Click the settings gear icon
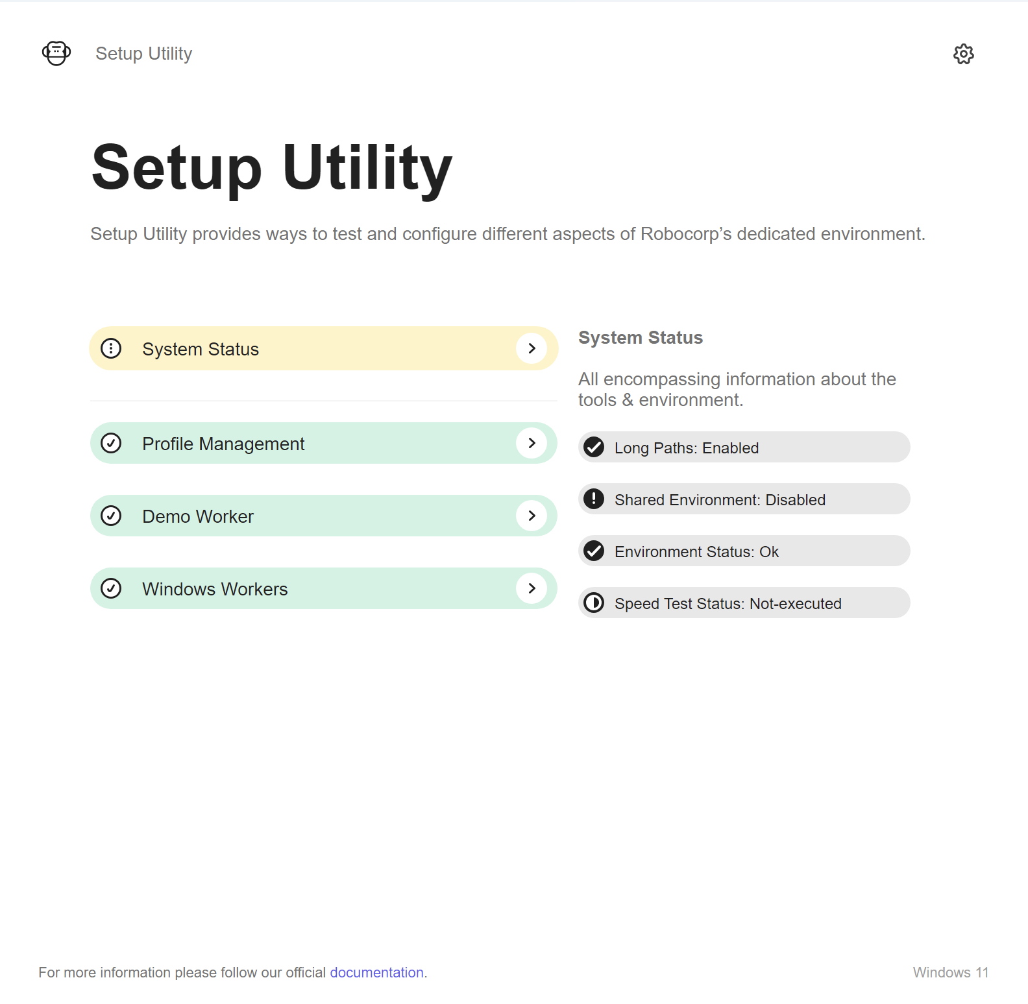pyautogui.click(x=964, y=54)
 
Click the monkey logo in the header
pyautogui.click(x=56, y=53)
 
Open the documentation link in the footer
pyautogui.click(x=376, y=972)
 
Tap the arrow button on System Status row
pyautogui.click(x=532, y=348)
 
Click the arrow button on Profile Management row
pyautogui.click(x=532, y=443)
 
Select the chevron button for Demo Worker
pyautogui.click(x=532, y=516)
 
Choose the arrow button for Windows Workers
pyautogui.click(x=532, y=588)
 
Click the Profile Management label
pyautogui.click(x=223, y=444)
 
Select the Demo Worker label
pyautogui.click(x=198, y=516)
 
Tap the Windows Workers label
pyautogui.click(x=215, y=589)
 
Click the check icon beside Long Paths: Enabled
pyautogui.click(x=594, y=447)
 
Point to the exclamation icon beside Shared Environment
pyautogui.click(x=594, y=499)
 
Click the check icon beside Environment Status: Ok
pyautogui.click(x=594, y=551)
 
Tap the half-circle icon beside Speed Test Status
pyautogui.click(x=594, y=603)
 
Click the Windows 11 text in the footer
pyautogui.click(x=951, y=972)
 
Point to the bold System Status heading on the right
pyautogui.click(x=641, y=338)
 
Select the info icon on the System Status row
pyautogui.click(x=111, y=348)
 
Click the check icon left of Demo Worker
pyautogui.click(x=111, y=516)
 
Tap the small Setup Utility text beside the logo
pyautogui.click(x=143, y=53)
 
